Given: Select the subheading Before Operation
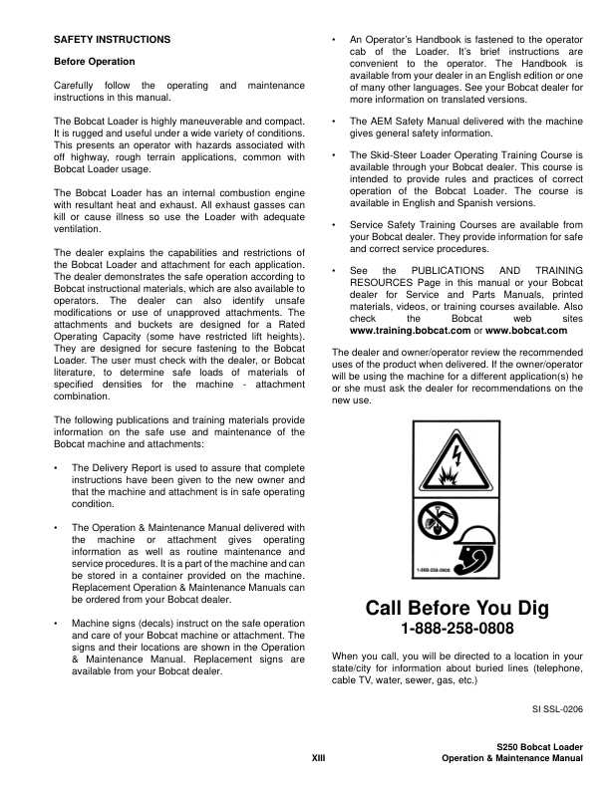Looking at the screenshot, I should pyautogui.click(x=95, y=62).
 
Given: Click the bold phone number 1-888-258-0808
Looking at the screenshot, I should pyautogui.click(x=457, y=630).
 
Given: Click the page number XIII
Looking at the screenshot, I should pyautogui.click(x=319, y=759).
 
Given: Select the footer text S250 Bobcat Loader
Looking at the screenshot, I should pyautogui.click(x=539, y=746).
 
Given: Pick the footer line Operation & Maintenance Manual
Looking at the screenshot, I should pyautogui.click(x=511, y=759).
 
